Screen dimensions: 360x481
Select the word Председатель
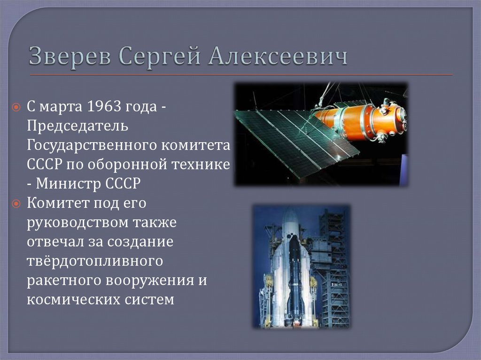pyautogui.click(x=77, y=126)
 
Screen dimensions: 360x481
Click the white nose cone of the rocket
pyautogui.click(x=290, y=221)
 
